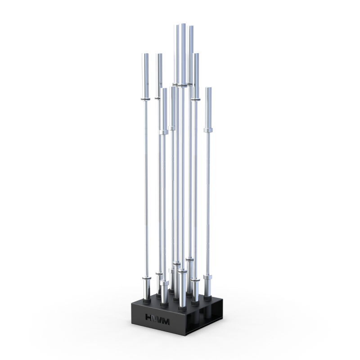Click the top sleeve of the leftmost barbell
pyautogui.click(x=145, y=74)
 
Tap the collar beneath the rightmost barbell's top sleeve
pyautogui.click(x=208, y=130)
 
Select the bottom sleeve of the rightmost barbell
pyautogui.click(x=207, y=285)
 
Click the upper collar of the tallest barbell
pyautogui.click(x=183, y=85)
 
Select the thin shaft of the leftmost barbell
pyautogui.click(x=146, y=189)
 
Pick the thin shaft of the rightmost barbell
pyautogui.click(x=208, y=202)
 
